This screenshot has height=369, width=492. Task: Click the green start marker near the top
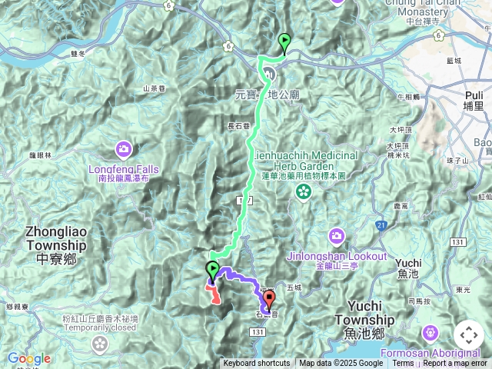285,44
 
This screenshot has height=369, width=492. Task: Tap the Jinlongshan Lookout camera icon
336,234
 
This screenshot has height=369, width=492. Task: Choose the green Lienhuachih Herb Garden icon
304,190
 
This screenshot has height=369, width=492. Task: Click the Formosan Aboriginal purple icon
429,332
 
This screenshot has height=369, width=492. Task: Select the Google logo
28,358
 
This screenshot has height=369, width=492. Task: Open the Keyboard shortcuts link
257,364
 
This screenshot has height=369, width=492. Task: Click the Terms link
402,364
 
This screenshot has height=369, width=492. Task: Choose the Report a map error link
455,364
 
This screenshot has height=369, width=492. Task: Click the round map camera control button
468,335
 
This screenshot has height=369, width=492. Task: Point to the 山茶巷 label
155,89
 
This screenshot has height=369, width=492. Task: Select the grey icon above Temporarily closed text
100,341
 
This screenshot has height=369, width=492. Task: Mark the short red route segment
213,294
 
